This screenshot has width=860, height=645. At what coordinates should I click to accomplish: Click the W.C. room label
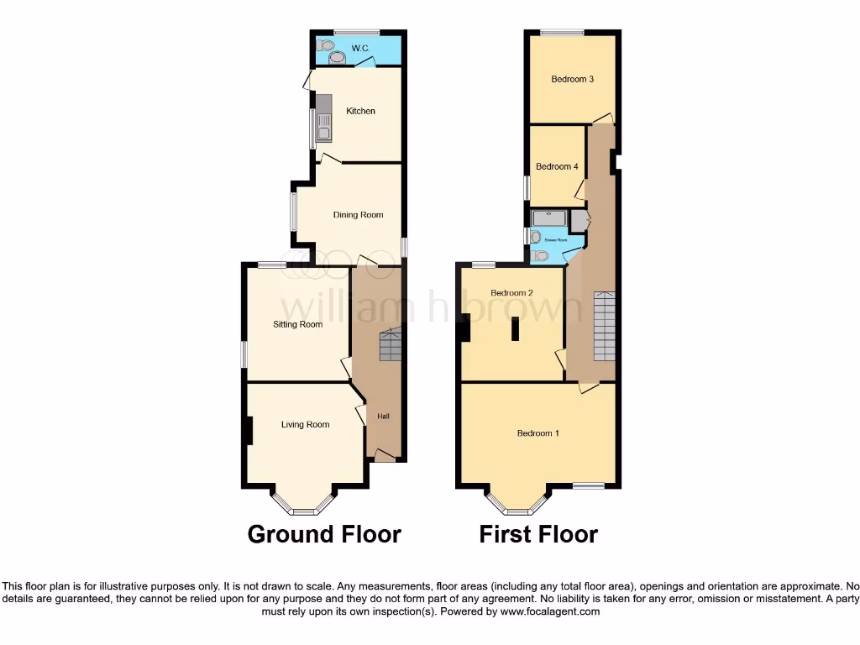(x=361, y=49)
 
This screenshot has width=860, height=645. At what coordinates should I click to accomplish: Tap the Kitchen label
(x=361, y=111)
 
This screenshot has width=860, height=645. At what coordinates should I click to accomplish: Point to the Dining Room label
(x=359, y=215)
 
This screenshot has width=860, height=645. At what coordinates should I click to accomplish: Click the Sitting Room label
(x=298, y=324)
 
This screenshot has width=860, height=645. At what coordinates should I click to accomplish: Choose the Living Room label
(x=305, y=425)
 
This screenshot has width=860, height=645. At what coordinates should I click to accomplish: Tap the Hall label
(x=383, y=417)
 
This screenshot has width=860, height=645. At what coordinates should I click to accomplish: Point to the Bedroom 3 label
(x=573, y=80)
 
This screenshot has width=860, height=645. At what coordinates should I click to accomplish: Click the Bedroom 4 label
(x=557, y=167)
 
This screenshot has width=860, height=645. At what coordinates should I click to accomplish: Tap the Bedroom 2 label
(x=512, y=293)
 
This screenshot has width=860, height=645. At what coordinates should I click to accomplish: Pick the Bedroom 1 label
(x=538, y=433)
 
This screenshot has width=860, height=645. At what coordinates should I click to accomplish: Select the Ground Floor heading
(x=324, y=534)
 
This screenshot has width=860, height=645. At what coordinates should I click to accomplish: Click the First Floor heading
(x=538, y=534)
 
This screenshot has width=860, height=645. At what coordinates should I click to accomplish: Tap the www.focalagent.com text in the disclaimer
(x=550, y=612)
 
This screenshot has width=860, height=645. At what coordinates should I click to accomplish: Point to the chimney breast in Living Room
(x=249, y=431)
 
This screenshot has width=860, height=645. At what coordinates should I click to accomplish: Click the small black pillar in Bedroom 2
(x=516, y=330)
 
